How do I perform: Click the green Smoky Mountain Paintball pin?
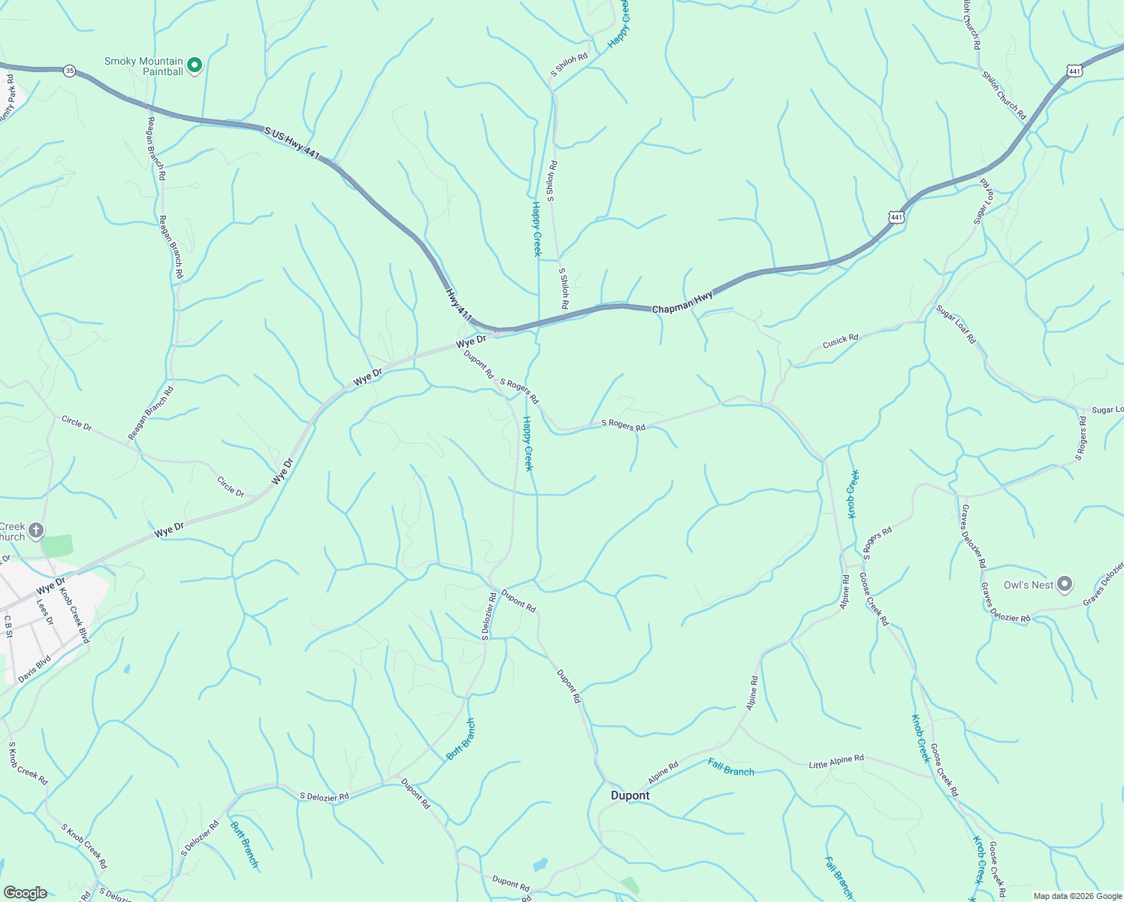coord(195,65)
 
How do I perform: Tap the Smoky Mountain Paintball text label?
coord(144,66)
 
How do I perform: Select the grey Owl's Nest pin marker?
coord(1064,583)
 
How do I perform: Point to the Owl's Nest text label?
coord(1029,585)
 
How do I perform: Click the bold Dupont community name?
coord(630,795)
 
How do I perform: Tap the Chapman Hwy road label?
coord(682,304)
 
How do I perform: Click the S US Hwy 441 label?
coord(292,143)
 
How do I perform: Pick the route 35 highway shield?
coord(70,71)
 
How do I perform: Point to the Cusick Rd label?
coord(840,341)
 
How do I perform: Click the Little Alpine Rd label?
coord(836,761)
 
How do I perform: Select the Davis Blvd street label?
coord(34,670)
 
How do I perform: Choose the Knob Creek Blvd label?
coord(74,615)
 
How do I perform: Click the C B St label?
coord(8,626)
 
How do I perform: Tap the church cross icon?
coord(35,530)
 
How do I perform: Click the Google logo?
coord(25,893)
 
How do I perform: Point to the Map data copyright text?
coord(1077,896)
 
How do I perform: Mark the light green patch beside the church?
coord(58,545)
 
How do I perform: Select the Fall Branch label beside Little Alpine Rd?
coord(730,767)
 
